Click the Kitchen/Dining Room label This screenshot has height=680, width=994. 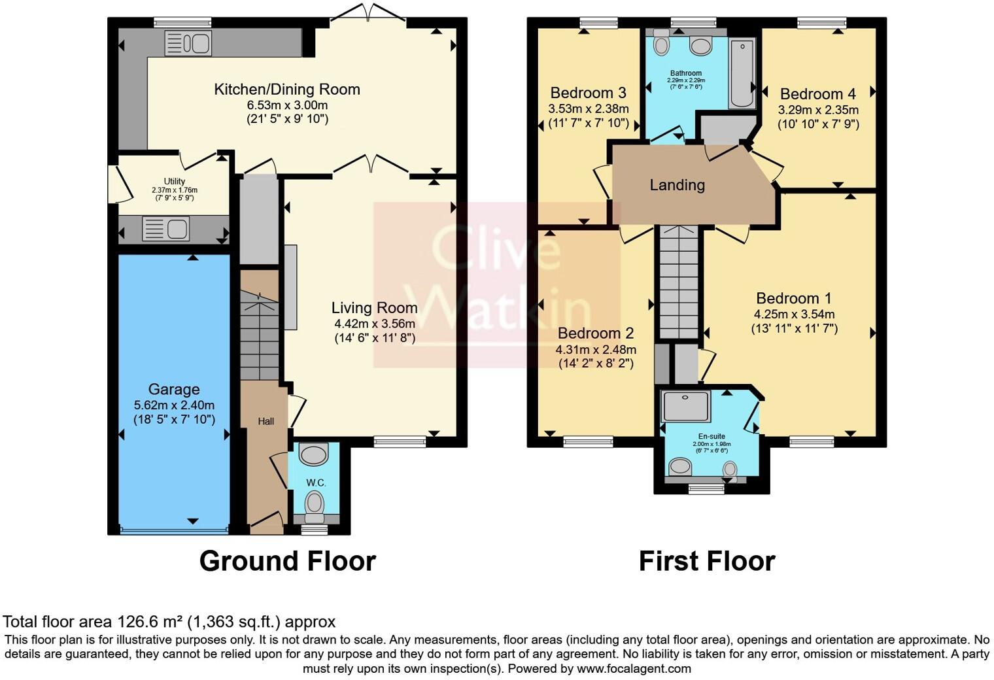click(x=287, y=90)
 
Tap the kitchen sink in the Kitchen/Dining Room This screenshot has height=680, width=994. click(x=188, y=43)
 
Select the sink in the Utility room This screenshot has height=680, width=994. click(x=166, y=229)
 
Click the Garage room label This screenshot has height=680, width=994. click(x=174, y=390)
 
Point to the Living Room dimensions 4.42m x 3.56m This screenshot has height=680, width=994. click(x=375, y=324)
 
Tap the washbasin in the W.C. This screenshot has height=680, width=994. click(x=315, y=454)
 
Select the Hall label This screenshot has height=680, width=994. click(x=266, y=422)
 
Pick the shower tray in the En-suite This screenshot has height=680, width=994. click(x=685, y=406)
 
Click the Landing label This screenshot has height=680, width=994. click(x=677, y=185)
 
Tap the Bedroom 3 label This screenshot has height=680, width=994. click(x=588, y=93)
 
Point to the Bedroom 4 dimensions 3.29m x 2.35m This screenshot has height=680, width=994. click(x=818, y=110)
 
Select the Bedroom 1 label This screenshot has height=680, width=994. click(x=794, y=299)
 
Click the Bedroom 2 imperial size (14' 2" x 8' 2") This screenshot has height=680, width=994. click(x=596, y=364)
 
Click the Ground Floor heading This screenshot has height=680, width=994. click(x=287, y=561)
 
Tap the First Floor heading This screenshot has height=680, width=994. click(x=706, y=561)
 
